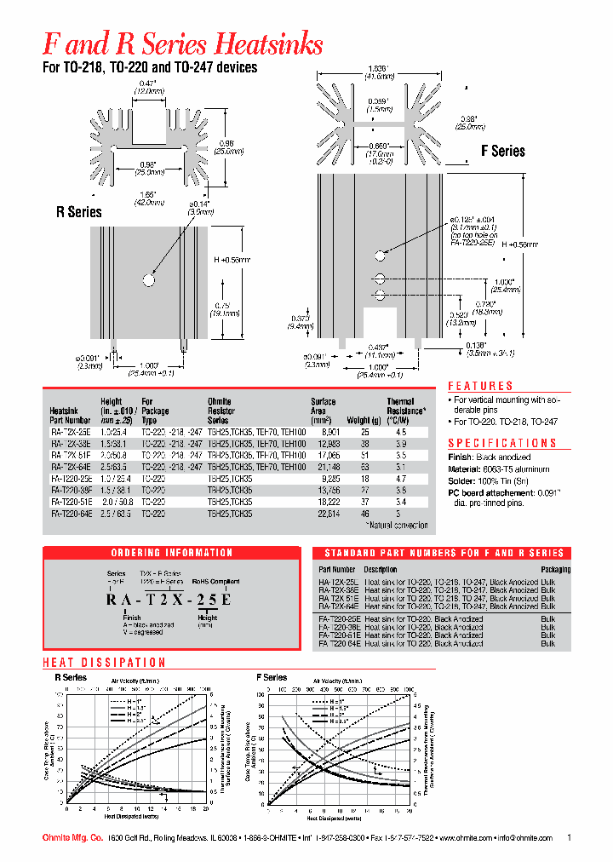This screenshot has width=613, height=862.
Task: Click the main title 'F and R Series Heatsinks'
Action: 182,43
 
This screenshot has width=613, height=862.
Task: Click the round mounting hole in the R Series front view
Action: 149,279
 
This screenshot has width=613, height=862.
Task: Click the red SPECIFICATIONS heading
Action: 501,443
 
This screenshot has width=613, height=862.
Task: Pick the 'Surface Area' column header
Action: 324,405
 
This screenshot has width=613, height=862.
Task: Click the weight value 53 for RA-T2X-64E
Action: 365,468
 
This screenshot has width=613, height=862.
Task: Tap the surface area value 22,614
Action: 329,514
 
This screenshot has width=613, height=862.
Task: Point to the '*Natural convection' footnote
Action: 399,526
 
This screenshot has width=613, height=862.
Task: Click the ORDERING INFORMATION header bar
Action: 172,553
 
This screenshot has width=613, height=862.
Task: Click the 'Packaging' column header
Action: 555,569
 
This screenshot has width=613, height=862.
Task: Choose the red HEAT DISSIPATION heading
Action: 104,662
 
